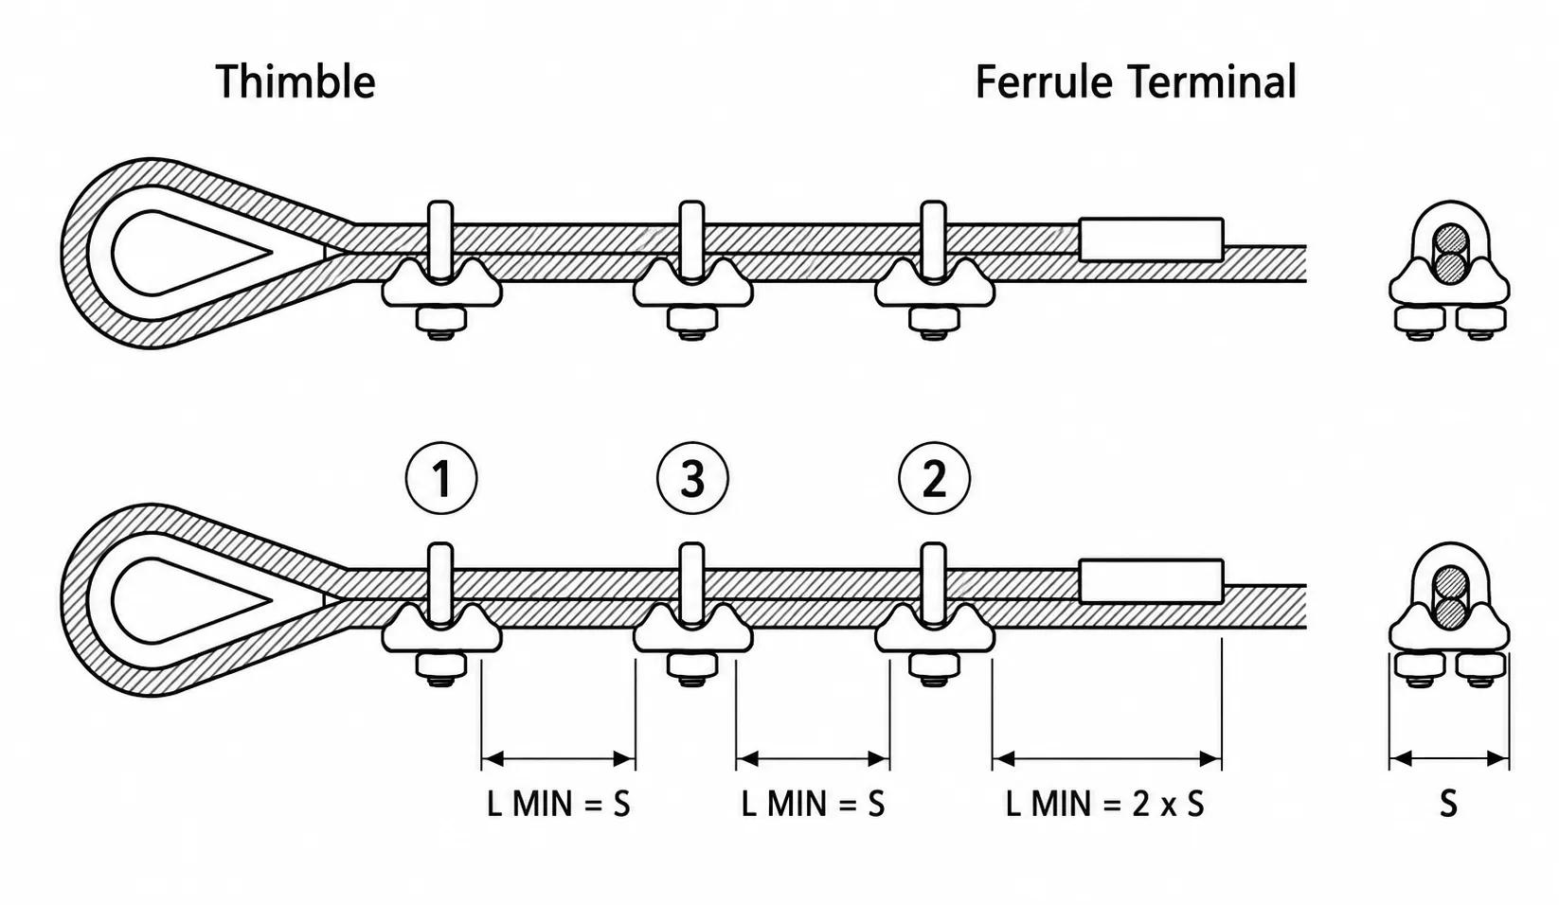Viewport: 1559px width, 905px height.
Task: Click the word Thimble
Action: coord(296,82)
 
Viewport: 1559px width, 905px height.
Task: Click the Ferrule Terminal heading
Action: coord(1136,82)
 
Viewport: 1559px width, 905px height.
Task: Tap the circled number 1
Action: coord(441,479)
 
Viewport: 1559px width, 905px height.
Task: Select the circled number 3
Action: coord(692,479)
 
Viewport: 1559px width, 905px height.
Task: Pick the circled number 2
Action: coord(934,479)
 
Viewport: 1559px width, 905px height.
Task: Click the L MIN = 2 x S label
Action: coord(1105,804)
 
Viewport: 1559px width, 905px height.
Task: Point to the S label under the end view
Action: coord(1448,804)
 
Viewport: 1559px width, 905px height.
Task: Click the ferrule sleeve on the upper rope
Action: coord(1151,240)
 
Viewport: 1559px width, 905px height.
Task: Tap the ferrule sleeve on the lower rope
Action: coord(1151,580)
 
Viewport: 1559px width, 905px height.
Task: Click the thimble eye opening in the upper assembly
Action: coord(181,252)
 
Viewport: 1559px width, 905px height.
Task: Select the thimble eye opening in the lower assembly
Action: coord(181,599)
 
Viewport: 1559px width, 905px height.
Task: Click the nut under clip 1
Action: coord(440,666)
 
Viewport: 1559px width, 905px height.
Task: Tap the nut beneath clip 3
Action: coord(691,666)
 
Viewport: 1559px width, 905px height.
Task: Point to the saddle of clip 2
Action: coord(935,630)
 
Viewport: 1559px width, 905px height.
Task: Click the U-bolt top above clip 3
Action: coord(691,557)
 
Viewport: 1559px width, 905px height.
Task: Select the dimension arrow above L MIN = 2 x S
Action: coord(1106,758)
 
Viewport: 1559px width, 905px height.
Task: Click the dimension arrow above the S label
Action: coord(1449,758)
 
